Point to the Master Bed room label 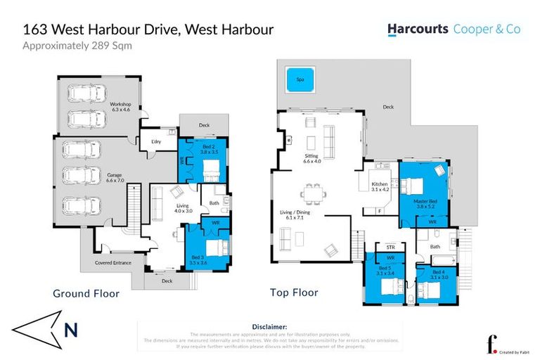(424, 202)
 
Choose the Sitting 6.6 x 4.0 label (311, 158)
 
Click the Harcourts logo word (418, 30)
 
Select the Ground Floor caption (86, 293)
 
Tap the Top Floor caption (294, 292)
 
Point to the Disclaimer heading (269, 327)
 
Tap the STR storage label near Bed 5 (384, 247)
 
